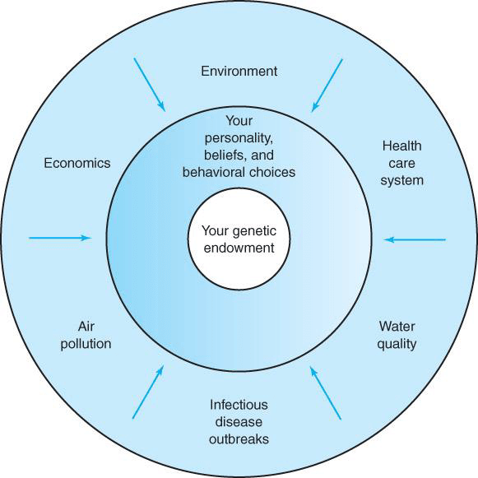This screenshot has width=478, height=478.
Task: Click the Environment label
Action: pyautogui.click(x=239, y=72)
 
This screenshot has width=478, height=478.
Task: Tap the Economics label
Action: pyautogui.click(x=77, y=163)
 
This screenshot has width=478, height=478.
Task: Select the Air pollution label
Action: pyautogui.click(x=86, y=336)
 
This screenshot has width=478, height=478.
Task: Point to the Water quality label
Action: pyautogui.click(x=397, y=336)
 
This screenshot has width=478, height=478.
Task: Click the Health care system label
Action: pyautogui.click(x=401, y=163)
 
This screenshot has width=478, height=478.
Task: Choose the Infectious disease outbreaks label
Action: pyautogui.click(x=239, y=422)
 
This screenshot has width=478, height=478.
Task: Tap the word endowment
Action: pyautogui.click(x=239, y=248)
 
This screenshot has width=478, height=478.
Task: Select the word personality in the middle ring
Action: pyautogui.click(x=239, y=139)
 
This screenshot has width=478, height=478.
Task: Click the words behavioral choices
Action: pyautogui.click(x=239, y=172)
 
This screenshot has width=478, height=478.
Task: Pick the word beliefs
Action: pyautogui.click(x=226, y=155)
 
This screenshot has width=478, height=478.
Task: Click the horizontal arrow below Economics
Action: pyautogui.click(x=60, y=238)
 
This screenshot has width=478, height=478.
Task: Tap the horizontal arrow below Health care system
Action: pyautogui.click(x=415, y=240)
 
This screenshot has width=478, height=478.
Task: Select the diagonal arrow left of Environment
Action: pyautogui.click(x=150, y=85)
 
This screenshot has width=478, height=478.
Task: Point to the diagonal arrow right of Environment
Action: pyautogui.click(x=327, y=86)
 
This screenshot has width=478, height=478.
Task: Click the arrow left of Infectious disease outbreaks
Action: pyautogui.click(x=148, y=392)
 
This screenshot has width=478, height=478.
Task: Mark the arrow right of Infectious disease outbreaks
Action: pyautogui.click(x=326, y=393)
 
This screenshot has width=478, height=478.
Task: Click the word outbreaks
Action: pyautogui.click(x=239, y=439)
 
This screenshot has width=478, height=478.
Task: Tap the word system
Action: pyautogui.click(x=401, y=180)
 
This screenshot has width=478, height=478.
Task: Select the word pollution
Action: pyautogui.click(x=86, y=344)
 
